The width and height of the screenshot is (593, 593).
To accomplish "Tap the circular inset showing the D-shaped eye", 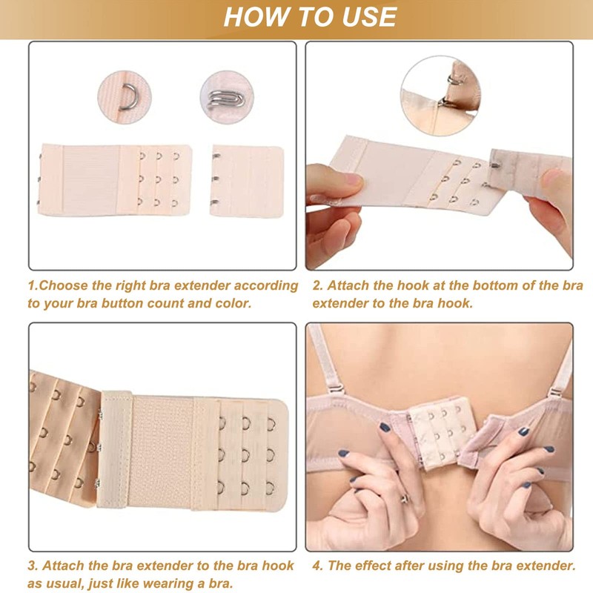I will pos(124,96).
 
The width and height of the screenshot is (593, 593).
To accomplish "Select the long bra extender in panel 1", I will pos(114,179).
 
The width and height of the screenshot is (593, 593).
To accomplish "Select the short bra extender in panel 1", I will pos(246,180).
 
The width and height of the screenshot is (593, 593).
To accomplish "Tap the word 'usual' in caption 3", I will pos(70,583).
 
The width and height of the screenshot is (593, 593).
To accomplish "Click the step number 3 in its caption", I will pos(32,566).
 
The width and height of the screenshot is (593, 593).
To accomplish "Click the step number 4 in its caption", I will pos(317,566).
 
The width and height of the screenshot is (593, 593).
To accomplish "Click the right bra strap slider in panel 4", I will pos(553,391).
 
